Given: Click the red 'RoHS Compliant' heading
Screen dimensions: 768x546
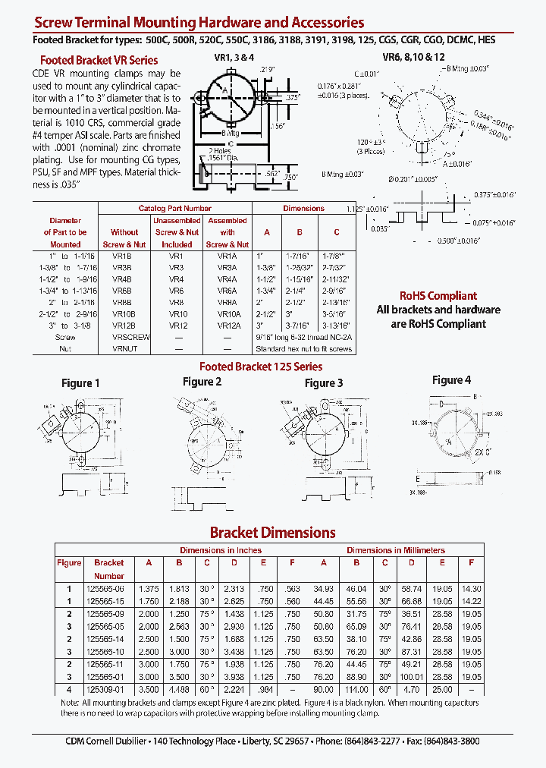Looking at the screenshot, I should (438, 296).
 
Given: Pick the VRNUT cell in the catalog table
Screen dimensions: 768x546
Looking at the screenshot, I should (125, 348).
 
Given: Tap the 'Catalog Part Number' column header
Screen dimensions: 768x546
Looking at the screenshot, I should (174, 208).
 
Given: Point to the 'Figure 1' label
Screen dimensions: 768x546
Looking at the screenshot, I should (80, 383).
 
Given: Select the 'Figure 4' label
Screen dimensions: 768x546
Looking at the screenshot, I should (451, 379).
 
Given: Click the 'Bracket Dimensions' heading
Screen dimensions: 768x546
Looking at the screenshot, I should (272, 533).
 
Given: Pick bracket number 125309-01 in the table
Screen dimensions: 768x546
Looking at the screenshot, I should (109, 690).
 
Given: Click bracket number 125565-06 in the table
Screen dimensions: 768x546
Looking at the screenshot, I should (109, 588).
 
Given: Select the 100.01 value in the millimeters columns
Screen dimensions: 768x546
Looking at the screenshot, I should (411, 676).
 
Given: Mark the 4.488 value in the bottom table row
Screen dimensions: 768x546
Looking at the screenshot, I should (178, 690).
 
